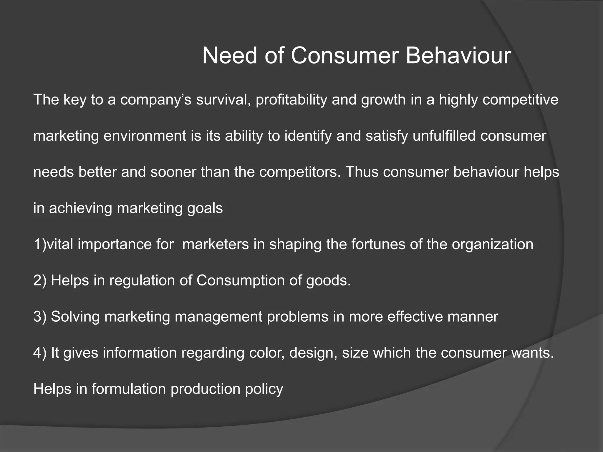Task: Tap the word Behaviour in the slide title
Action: (x=458, y=56)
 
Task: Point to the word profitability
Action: (x=291, y=100)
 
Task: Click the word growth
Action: (x=383, y=100)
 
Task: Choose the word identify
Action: (x=308, y=136)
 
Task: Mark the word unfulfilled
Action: (x=444, y=136)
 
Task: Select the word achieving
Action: (x=80, y=208)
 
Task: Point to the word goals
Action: (x=205, y=208)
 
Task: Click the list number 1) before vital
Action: (x=40, y=245)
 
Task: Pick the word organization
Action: (x=492, y=245)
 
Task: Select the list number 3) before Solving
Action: (x=40, y=317)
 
